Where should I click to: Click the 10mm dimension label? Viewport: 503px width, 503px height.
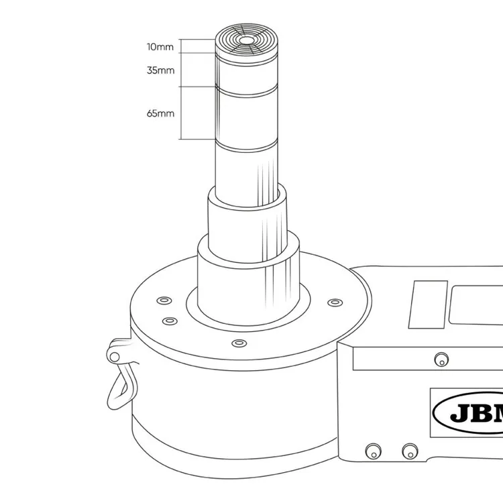click(x=160, y=47)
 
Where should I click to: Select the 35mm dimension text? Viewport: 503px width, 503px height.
click(x=160, y=70)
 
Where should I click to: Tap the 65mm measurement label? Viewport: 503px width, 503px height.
click(x=160, y=113)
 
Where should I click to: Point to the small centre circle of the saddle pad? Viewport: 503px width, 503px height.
click(x=247, y=41)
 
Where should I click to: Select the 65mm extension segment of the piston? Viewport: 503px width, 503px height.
click(x=247, y=115)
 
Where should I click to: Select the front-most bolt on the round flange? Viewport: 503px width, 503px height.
click(x=237, y=343)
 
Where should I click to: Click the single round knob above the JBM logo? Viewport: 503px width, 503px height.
click(x=440, y=358)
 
